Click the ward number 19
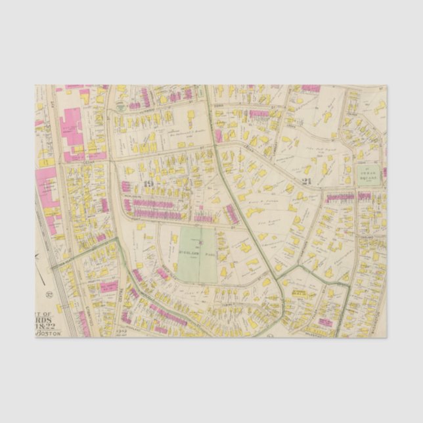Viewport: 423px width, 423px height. click(x=148, y=184)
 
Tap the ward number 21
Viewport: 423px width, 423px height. click(x=306, y=181)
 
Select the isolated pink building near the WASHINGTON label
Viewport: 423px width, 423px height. click(x=326, y=321)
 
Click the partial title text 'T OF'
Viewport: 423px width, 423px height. click(x=48, y=315)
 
